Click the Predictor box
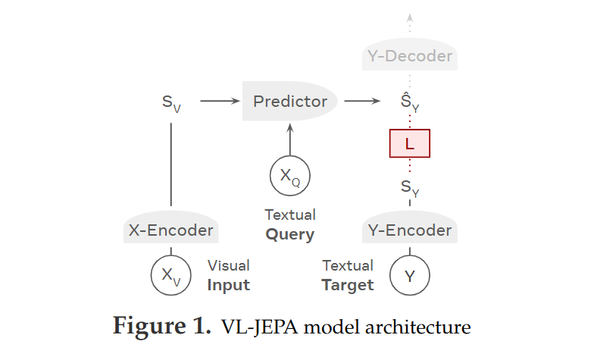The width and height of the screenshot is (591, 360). (290, 102)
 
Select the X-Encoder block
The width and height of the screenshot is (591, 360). (170, 230)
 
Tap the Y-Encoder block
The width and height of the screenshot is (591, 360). (410, 230)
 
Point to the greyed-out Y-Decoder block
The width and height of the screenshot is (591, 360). (410, 56)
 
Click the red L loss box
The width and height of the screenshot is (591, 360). (410, 142)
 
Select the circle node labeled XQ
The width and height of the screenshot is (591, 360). (290, 177)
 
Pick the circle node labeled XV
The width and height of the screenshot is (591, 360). (171, 274)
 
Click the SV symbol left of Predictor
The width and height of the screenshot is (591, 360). (171, 102)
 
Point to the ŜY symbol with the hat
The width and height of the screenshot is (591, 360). (410, 102)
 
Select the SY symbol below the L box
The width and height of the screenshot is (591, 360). (410, 186)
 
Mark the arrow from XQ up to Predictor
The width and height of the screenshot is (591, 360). (290, 139)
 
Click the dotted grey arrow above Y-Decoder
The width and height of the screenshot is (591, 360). (410, 23)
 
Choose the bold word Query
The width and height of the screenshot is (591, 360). (289, 234)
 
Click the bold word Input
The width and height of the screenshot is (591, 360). (228, 285)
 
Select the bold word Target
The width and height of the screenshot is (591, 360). (348, 285)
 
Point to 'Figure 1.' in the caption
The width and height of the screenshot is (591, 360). (161, 327)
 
